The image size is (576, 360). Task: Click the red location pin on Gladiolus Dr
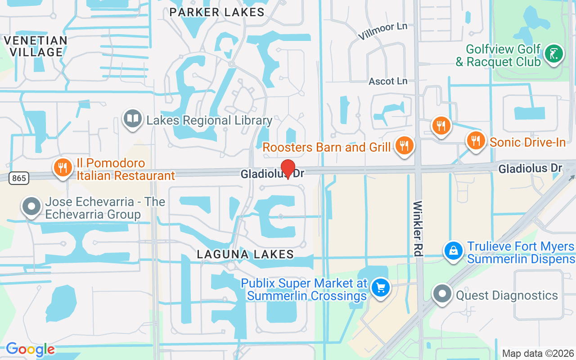click(288, 168)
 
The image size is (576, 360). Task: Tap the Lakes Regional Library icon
click(132, 119)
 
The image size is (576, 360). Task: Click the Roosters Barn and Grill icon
click(404, 145)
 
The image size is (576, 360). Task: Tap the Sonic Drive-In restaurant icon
click(475, 140)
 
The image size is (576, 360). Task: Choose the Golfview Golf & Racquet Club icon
click(553, 54)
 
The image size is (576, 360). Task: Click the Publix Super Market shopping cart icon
click(381, 287)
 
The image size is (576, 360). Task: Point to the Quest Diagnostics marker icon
click(442, 294)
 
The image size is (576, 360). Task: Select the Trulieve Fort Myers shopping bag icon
click(454, 251)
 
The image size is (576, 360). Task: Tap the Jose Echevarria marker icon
click(31, 207)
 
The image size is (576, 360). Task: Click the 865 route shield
click(19, 178)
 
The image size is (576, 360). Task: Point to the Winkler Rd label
click(418, 229)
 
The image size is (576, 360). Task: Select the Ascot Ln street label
click(388, 81)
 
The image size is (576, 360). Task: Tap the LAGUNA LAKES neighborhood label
click(245, 254)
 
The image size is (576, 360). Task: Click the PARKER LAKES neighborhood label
click(217, 12)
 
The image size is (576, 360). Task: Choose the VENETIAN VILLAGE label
click(36, 46)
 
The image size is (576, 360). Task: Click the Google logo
click(30, 349)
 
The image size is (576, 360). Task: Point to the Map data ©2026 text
click(538, 354)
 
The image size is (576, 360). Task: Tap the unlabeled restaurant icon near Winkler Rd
click(441, 126)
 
